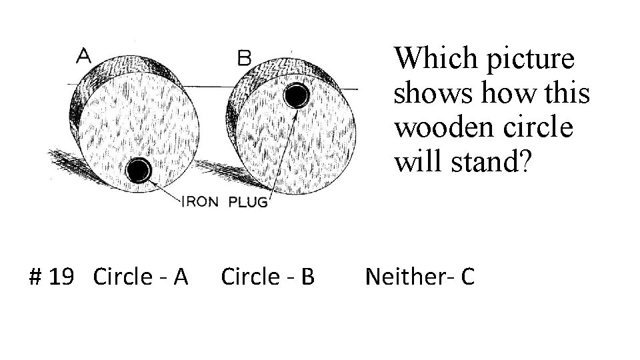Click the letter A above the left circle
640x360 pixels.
84,56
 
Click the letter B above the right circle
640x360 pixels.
244,58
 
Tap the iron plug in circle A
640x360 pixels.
139,171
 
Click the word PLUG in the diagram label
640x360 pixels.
248,203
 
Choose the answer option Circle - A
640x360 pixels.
141,276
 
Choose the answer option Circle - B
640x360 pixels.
267,276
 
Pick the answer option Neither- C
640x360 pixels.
419,276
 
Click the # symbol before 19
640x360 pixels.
37,276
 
